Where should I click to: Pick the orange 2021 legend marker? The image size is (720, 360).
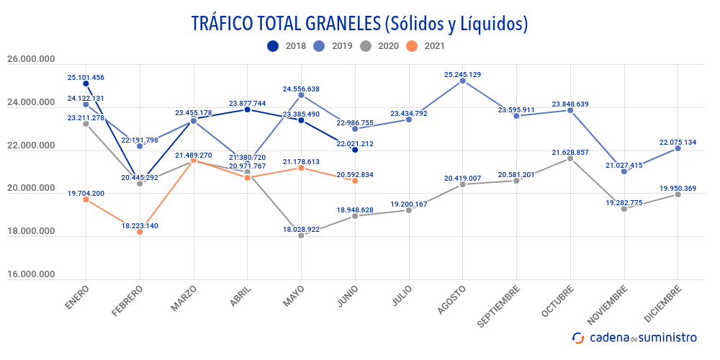pos(411,46)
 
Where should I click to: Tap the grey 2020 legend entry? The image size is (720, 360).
pos(379,46)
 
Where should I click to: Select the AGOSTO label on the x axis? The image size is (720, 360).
pos(451,299)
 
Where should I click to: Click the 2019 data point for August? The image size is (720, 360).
pos(462,81)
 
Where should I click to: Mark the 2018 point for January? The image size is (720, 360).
pos(86,84)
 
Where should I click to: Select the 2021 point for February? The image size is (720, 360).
pos(140,232)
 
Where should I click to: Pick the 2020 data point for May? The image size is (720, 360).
pos(301,235)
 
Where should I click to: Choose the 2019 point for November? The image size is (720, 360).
pos(624,171)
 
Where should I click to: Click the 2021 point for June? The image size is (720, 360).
pos(355,181)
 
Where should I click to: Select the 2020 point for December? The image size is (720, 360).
pos(678,194)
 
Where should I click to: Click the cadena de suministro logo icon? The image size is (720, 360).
pos(578,338)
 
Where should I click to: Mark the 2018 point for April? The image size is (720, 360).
pos(247,109)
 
